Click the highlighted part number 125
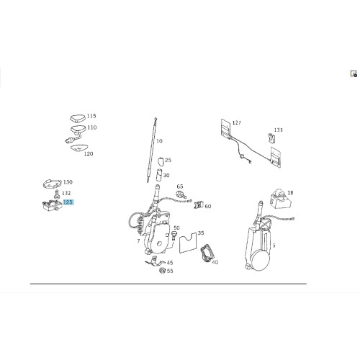[x=68, y=202]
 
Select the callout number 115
[x=91, y=116]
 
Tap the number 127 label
[x=237, y=123]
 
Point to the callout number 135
[x=279, y=130]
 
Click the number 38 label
[x=290, y=193]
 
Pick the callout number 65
[x=180, y=186]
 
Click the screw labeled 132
[x=57, y=194]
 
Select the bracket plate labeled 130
[x=52, y=184]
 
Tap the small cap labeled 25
[x=161, y=161]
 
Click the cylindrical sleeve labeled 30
[x=160, y=176]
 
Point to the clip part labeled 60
[x=199, y=205]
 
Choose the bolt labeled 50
[x=174, y=236]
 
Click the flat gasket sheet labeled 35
[x=188, y=243]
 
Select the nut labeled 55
[x=163, y=271]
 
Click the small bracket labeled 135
[x=271, y=138]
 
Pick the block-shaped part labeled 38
[x=281, y=199]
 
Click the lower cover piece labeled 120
[x=79, y=148]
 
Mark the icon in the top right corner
[x=354, y=73]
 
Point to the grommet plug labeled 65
[x=181, y=194]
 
